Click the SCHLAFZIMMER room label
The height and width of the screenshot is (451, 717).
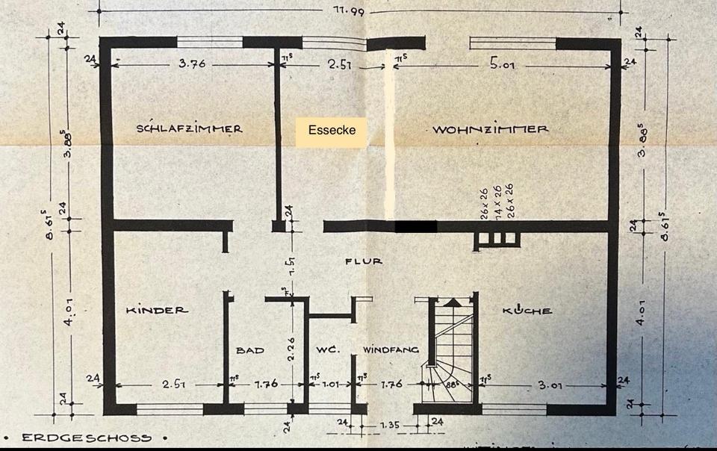pos(189,128)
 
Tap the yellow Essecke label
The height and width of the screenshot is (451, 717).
pos(332,130)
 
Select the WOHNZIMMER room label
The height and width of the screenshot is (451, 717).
pos(490,128)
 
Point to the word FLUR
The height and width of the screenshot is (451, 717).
pos(364,261)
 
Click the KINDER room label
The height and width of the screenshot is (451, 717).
pos(157,310)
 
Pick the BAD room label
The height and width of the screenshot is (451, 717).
pos(250,349)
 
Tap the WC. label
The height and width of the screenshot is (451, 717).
pos(327,349)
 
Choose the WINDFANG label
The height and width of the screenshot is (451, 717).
pos(391,349)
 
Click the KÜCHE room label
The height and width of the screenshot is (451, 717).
pos(527,310)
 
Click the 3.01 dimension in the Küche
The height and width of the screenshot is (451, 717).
pos(551,385)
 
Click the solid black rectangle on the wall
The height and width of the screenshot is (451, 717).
pos(416,225)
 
